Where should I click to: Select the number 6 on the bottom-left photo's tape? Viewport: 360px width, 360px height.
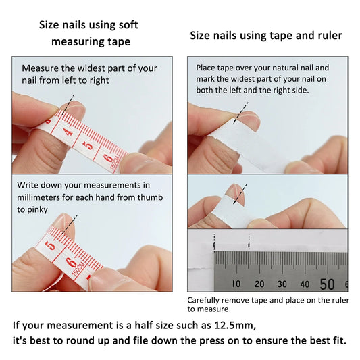(x=71, y=261)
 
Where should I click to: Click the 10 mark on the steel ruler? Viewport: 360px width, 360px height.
(x=236, y=284)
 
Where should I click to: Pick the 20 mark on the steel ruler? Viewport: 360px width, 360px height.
(x=259, y=284)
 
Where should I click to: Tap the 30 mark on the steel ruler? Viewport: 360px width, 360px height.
(x=282, y=284)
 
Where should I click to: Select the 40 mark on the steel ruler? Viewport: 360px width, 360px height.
(x=305, y=284)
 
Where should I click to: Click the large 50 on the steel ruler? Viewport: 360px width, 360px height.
(x=328, y=283)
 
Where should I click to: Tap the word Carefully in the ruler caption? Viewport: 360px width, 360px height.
(x=204, y=299)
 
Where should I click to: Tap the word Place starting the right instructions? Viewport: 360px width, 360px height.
(x=205, y=68)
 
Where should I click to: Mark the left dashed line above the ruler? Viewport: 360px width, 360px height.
(x=214, y=241)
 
